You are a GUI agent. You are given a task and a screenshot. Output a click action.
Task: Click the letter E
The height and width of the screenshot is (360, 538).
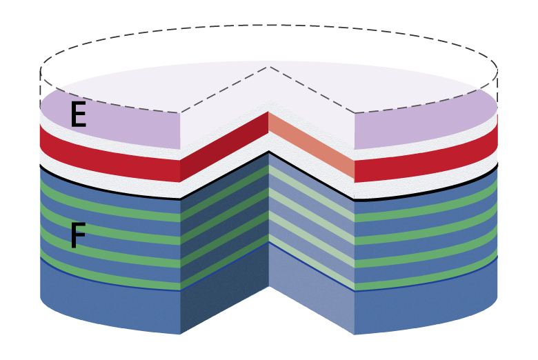click(78, 115)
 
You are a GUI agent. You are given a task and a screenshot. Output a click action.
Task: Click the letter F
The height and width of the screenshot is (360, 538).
click(78, 235)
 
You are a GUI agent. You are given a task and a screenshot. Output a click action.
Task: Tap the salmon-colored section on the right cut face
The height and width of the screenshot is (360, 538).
click(311, 145)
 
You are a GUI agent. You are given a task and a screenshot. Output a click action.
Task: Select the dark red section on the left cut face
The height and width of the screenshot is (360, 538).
click(224, 146)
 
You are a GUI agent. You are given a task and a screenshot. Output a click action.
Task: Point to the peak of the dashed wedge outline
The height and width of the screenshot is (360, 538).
click(268, 67)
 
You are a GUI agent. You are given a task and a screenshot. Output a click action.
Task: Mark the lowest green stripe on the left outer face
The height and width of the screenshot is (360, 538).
click(110, 274)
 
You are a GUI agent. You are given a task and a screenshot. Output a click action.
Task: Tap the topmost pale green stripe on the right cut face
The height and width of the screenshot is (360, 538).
click(311, 193)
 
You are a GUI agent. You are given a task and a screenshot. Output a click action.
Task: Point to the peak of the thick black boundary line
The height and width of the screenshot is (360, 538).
click(269, 151)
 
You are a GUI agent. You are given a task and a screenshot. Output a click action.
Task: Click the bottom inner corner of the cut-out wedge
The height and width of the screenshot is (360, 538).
click(269, 286)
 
